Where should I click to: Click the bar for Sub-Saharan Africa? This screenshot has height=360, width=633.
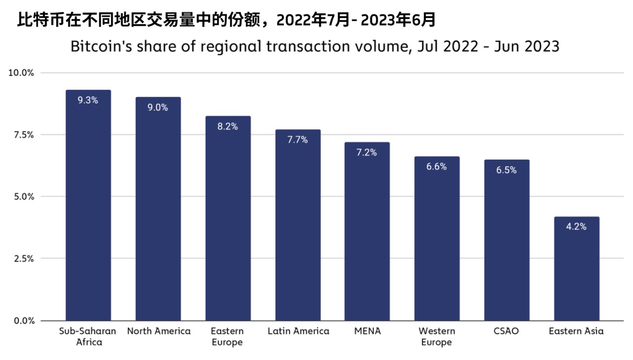pyautogui.click(x=89, y=208)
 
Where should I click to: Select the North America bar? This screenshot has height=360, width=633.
pyautogui.click(x=158, y=213)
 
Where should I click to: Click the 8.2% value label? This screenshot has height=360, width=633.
pyautogui.click(x=228, y=127)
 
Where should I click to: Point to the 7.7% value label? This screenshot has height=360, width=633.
pyautogui.click(x=298, y=140)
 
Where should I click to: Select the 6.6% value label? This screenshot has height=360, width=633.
pyautogui.click(x=437, y=167)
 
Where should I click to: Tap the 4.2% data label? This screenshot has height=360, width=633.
pyautogui.click(x=577, y=227)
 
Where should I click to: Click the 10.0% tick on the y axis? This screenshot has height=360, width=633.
pyautogui.click(x=21, y=73)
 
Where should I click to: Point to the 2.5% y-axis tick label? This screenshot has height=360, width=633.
pyautogui.click(x=23, y=259)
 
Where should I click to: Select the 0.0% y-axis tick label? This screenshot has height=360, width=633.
pyautogui.click(x=23, y=320)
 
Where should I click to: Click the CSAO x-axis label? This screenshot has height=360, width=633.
pyautogui.click(x=506, y=331)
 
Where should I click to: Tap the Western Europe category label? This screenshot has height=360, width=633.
pyautogui.click(x=437, y=336)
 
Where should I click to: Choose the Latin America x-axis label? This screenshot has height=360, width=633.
pyautogui.click(x=298, y=331)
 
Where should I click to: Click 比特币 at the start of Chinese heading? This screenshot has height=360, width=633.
pyautogui.click(x=33, y=20)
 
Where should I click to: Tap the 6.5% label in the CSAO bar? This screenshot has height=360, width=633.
pyautogui.click(x=506, y=170)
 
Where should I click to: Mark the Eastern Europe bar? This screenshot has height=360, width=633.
pyautogui.click(x=228, y=223)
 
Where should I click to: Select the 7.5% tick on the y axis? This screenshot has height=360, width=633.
pyautogui.click(x=23, y=135)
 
